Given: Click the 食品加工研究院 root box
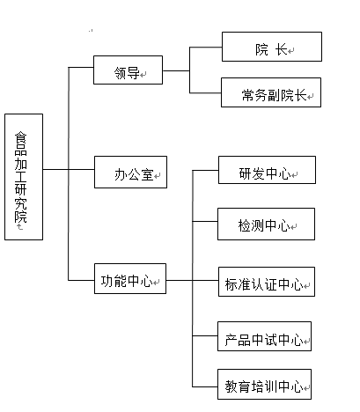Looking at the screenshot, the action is click(x=24, y=177).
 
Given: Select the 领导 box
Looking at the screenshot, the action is click(x=128, y=70).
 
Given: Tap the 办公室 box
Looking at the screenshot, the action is click(x=130, y=172).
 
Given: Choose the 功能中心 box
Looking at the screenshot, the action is click(x=130, y=278).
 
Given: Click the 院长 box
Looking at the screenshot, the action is click(x=272, y=47).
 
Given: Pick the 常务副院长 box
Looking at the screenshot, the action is click(x=271, y=92).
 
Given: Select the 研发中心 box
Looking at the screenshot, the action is click(x=267, y=170).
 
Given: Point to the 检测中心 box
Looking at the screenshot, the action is click(x=266, y=224).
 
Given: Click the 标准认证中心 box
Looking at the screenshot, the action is click(x=267, y=282).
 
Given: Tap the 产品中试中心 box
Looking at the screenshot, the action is click(x=264, y=336).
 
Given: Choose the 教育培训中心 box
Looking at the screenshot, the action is click(x=264, y=384).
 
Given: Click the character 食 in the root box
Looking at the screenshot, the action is click(x=21, y=139).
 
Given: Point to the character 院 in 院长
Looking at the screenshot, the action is click(x=261, y=49).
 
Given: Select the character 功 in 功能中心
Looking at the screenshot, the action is click(x=107, y=281).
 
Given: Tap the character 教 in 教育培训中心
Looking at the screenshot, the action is click(x=231, y=386).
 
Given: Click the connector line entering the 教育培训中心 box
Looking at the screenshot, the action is click(x=205, y=386).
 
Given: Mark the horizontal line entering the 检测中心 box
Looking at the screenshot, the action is click(x=205, y=221).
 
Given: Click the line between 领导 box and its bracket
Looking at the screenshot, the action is click(x=176, y=70).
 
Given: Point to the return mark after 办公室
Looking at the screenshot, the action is click(x=158, y=176).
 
